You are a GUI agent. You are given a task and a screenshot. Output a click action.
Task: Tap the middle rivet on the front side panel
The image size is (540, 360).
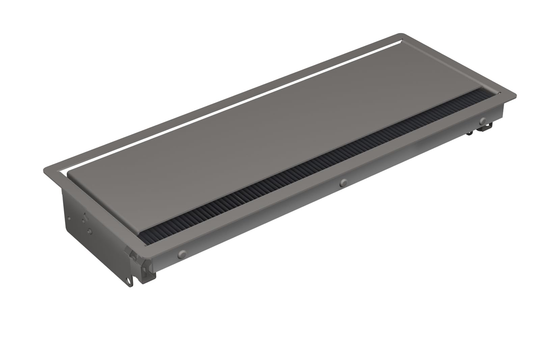(344, 183)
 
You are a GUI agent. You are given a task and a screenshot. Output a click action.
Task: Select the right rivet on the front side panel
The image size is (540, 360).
(483, 120)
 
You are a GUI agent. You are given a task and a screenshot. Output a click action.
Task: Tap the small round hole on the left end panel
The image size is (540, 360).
(69, 218)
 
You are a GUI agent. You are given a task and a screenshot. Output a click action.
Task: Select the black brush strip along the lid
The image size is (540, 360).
(304, 169)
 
